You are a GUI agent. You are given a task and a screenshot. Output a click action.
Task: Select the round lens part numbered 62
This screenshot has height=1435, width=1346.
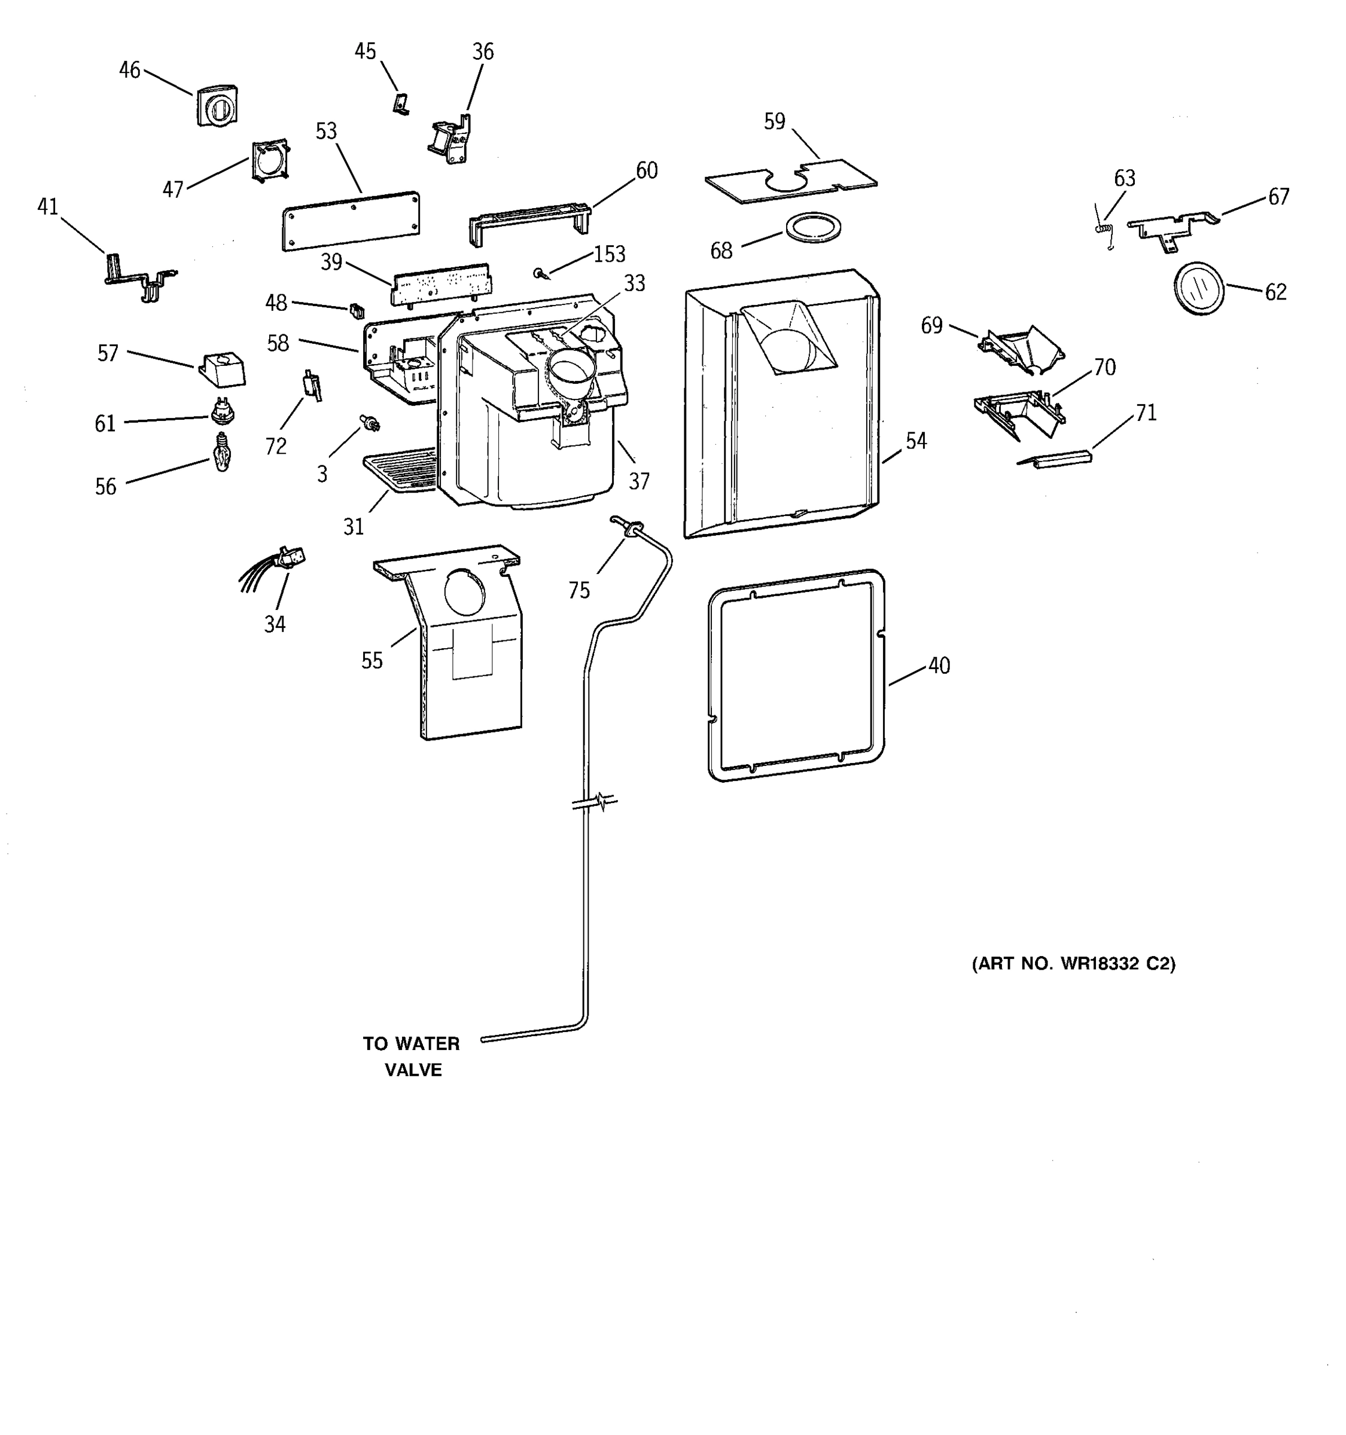click(1199, 288)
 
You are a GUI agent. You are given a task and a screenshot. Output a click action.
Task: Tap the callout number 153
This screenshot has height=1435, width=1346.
click(609, 254)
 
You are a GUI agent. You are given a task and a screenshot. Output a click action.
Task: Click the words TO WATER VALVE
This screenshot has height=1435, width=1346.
click(412, 1056)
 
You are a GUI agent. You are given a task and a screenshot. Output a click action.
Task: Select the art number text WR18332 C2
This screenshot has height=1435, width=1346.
click(1073, 964)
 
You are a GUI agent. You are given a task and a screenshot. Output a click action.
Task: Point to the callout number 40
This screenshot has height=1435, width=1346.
click(939, 665)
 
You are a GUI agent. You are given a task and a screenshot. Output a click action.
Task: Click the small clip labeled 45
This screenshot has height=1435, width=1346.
click(401, 104)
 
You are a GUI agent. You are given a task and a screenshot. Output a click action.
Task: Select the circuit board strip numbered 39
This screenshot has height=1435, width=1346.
click(440, 285)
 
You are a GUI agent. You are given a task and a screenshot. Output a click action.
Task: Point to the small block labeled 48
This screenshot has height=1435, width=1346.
click(356, 311)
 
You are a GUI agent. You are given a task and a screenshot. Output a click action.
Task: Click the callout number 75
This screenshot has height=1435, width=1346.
click(578, 591)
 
